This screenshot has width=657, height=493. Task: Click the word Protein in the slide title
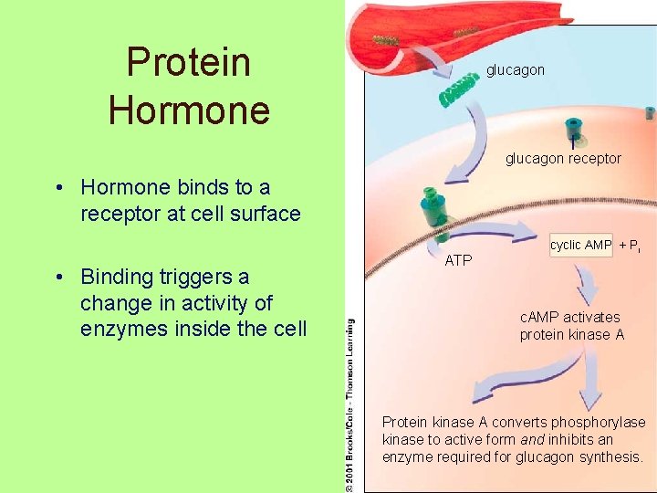pyautogui.click(x=188, y=62)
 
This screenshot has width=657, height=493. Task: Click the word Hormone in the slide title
pyautogui.click(x=188, y=110)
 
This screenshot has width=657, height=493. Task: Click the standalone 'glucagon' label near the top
pyautogui.click(x=515, y=69)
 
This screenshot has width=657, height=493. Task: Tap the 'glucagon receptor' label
pyautogui.click(x=563, y=158)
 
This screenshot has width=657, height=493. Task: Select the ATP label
pyautogui.click(x=458, y=261)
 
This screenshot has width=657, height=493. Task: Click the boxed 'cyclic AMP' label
pyautogui.click(x=580, y=246)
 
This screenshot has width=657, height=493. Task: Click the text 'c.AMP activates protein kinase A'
pyautogui.click(x=571, y=326)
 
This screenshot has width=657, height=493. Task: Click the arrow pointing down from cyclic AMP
pyautogui.click(x=585, y=288)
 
